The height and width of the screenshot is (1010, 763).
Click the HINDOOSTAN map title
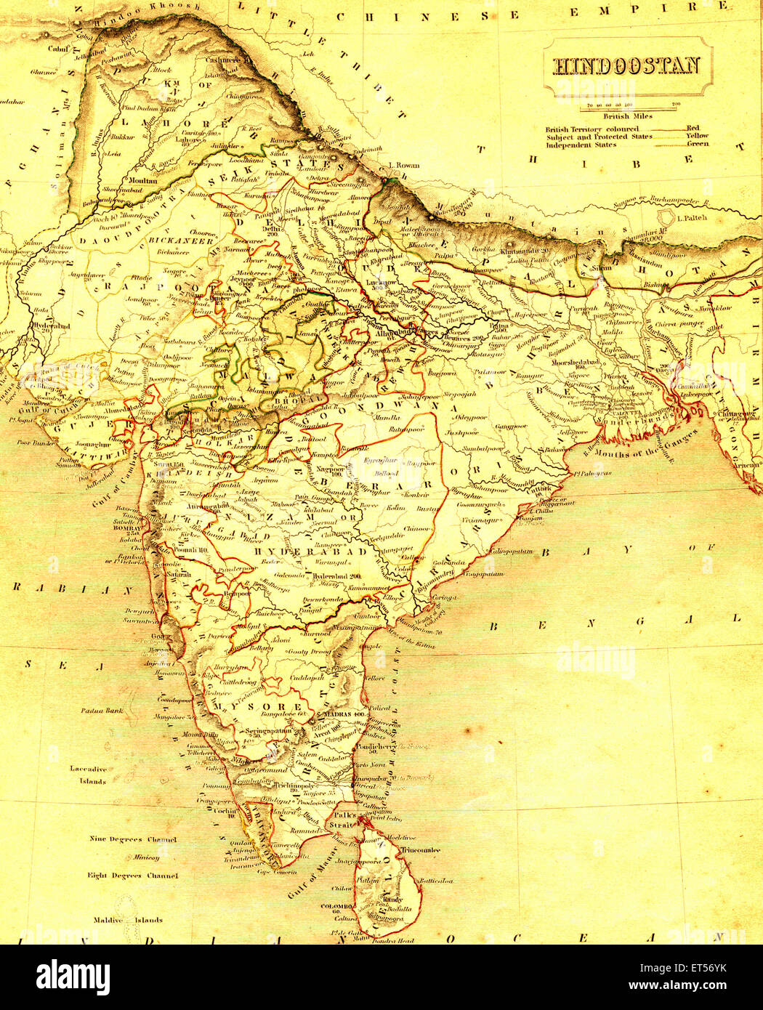pyautogui.click(x=627, y=66)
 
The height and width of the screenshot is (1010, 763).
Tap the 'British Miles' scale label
pyautogui.click(x=628, y=116)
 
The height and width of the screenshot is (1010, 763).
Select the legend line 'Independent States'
pyautogui.click(x=581, y=145)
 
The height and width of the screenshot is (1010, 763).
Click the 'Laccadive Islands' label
pyautogui.click(x=88, y=775)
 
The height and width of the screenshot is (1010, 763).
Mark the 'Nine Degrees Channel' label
pyautogui.click(x=132, y=839)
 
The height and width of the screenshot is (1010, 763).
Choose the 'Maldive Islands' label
pyautogui.click(x=127, y=920)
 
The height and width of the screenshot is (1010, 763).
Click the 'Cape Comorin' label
pyautogui.click(x=276, y=872)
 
